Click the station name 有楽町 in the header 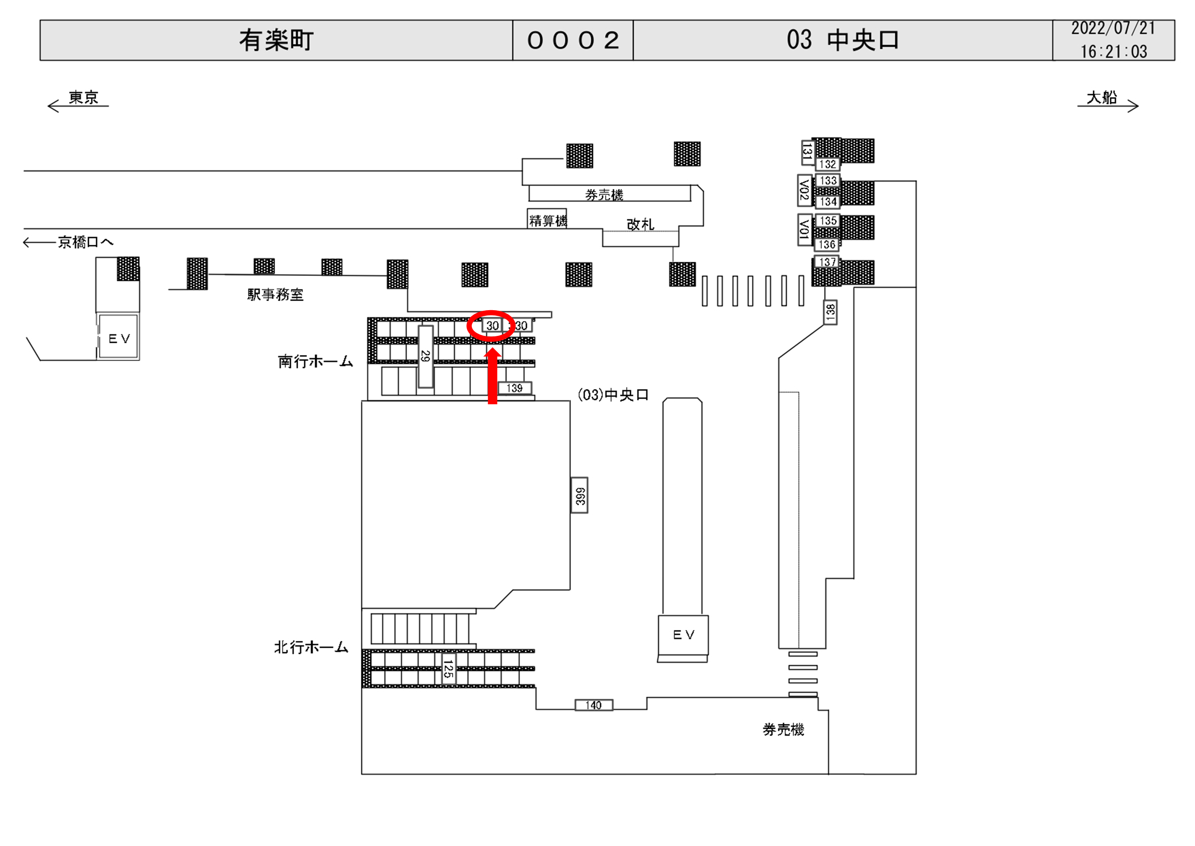tap(276, 40)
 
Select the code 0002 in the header tap(573, 40)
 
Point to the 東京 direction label tap(83, 98)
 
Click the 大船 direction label tap(1102, 98)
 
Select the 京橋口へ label tap(85, 242)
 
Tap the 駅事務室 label tap(275, 295)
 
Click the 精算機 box tap(547, 220)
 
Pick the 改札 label tap(640, 224)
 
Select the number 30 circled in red tap(492, 325)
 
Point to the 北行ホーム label tap(311, 647)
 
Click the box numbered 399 tap(580, 495)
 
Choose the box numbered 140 tap(593, 705)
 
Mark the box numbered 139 tap(514, 388)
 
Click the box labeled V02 tap(805, 190)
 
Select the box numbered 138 tap(830, 312)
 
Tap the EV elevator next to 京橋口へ tap(119, 338)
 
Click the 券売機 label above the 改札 tap(604, 195)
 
